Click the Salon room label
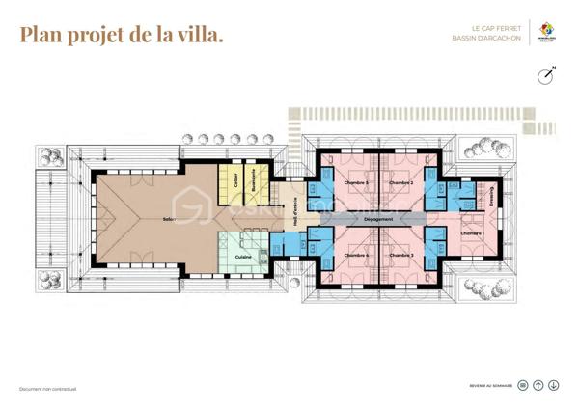coord(169,219)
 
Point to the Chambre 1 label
coord(471,233)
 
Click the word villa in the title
coord(199,36)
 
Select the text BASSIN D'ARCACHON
coord(486,40)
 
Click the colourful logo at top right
coord(548,33)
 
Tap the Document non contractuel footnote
coord(48,389)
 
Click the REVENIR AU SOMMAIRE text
coord(491,383)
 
